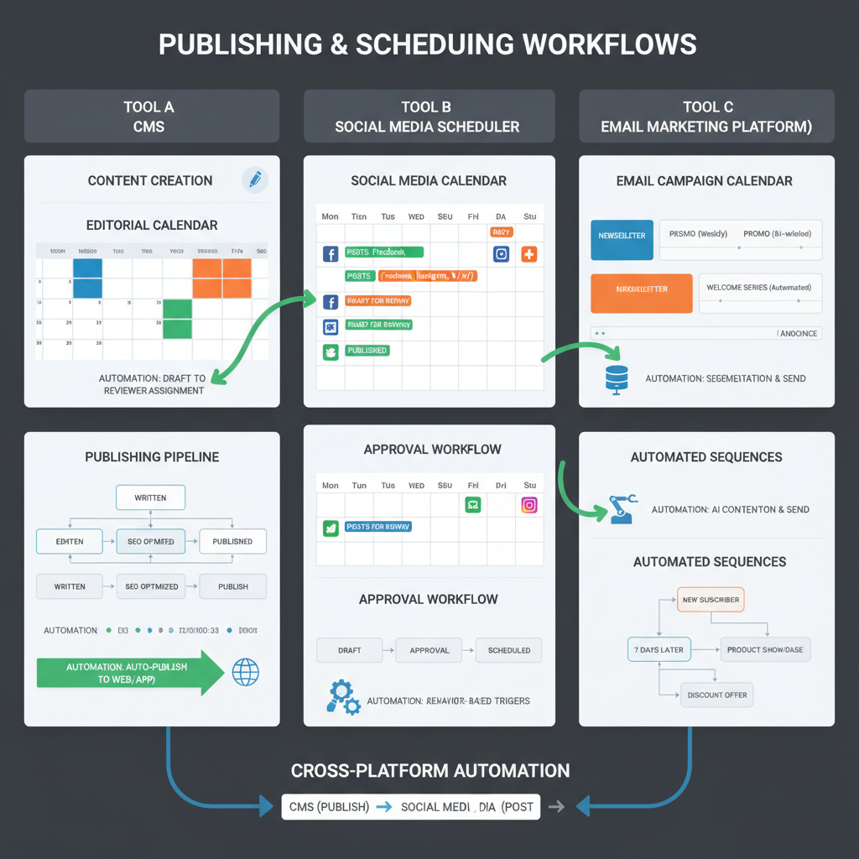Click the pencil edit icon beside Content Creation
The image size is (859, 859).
coord(254,179)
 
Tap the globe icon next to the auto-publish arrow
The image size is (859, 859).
coord(245,672)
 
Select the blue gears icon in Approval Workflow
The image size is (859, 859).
coord(341,697)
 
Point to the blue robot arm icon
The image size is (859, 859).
coord(622,509)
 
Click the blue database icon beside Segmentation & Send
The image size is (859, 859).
coord(616,378)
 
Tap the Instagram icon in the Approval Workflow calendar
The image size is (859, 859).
coord(528,505)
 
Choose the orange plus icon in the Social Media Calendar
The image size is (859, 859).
coord(528,254)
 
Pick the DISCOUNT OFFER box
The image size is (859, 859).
coord(716,695)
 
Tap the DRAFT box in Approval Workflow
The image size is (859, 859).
coord(349,650)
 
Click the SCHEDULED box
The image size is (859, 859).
coord(508,650)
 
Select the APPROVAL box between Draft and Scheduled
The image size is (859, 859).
coord(429,650)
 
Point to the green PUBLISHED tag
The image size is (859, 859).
coord(366,351)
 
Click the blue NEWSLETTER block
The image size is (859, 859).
coord(622,236)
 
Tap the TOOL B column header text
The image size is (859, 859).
coord(427,107)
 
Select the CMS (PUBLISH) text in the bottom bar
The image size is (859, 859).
coord(329,807)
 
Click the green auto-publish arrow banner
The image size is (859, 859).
coord(130,673)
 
